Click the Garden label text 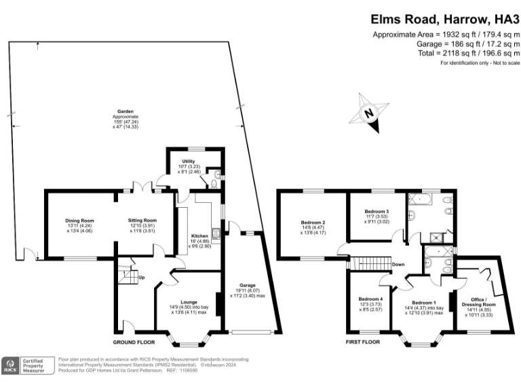(125, 111)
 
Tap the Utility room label (179, 161)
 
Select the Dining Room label (79, 221)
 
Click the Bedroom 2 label (313, 223)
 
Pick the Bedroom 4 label (371, 299)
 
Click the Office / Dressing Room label (480, 301)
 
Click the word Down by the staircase (398, 265)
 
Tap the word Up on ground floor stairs (141, 278)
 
